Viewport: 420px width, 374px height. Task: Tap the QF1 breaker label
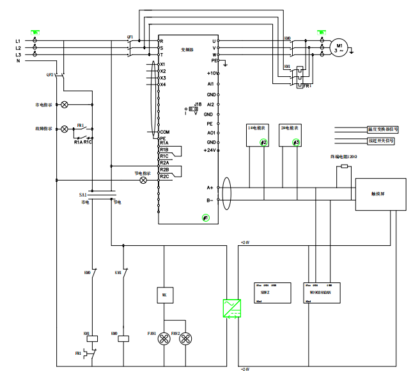click(130, 36)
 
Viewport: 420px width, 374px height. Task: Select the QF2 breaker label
click(50, 74)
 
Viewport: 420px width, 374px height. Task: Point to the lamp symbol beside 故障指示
click(64, 129)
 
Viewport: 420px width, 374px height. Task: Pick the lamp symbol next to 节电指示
click(143, 181)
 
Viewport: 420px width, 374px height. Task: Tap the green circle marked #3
click(296, 142)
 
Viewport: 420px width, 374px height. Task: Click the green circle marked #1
click(205, 218)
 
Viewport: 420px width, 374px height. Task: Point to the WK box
click(164, 295)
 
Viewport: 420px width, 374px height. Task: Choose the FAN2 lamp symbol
click(185, 339)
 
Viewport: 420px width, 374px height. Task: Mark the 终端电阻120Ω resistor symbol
click(345, 167)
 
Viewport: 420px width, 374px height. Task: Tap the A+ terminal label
click(210, 188)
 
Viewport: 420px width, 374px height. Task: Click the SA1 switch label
click(82, 194)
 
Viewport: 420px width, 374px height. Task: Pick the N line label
click(18, 60)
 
